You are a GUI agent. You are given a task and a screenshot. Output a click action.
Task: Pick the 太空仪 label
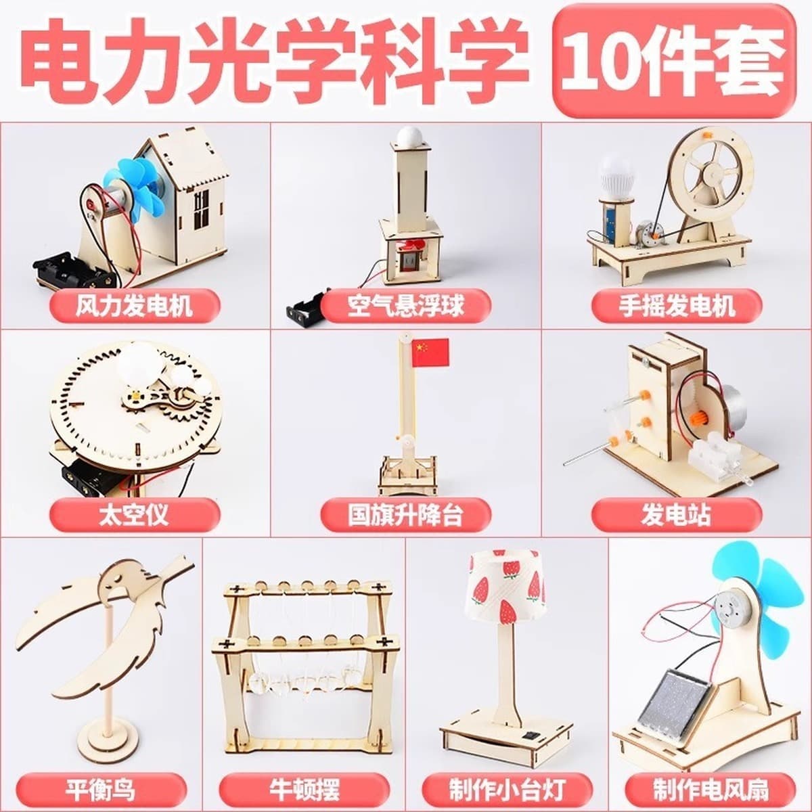[135, 515]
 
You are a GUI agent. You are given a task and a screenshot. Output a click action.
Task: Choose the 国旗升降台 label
[406, 515]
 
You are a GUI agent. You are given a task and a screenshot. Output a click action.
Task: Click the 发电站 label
[677, 515]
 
